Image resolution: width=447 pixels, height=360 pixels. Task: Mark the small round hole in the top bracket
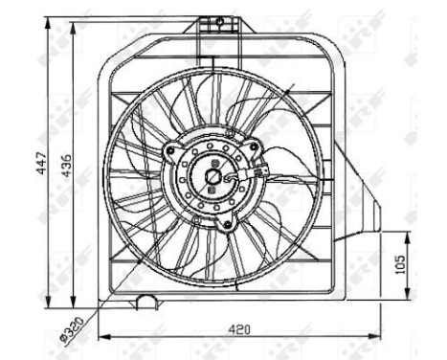point(219,20)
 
